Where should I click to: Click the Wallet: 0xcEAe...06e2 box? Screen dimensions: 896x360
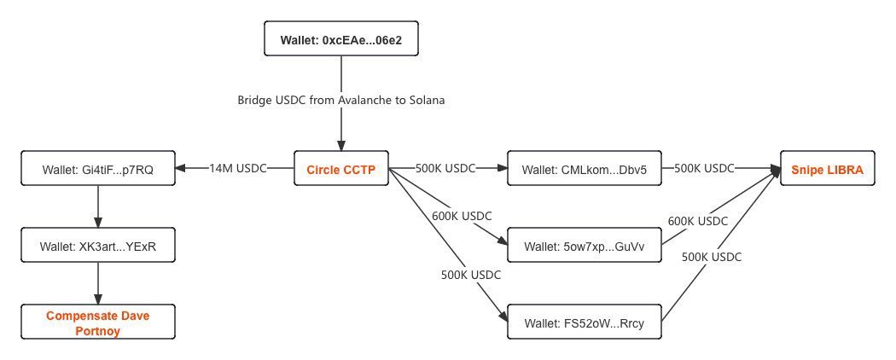point(341,38)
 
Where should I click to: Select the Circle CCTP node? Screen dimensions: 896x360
point(341,169)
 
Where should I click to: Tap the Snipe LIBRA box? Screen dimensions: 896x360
point(828,169)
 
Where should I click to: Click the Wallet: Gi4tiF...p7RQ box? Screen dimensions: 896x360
point(98,169)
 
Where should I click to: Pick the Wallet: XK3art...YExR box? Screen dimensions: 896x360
point(98,246)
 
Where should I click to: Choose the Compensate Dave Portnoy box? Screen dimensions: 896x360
point(98,322)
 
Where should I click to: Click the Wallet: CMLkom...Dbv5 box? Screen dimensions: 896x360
point(585,169)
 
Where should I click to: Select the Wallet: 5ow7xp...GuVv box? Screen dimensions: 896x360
point(585,246)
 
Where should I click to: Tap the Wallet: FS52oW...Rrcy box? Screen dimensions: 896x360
point(585,322)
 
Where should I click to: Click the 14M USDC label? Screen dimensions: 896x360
point(238,169)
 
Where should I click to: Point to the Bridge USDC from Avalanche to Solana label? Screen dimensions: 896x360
point(341,100)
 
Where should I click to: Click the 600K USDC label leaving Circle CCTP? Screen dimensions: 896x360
point(462,217)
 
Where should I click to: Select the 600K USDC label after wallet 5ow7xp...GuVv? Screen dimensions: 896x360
point(698,221)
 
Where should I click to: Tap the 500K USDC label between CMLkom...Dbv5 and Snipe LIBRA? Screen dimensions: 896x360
point(704,169)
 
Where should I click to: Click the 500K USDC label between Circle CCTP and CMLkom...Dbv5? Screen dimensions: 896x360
point(445,169)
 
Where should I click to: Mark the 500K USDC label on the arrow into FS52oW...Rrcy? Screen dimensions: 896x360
point(471,275)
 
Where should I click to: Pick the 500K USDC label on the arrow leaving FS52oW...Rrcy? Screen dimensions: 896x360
point(712,257)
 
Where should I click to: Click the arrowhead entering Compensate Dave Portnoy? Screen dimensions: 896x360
point(98,299)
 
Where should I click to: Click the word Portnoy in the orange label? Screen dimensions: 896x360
point(98,330)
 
